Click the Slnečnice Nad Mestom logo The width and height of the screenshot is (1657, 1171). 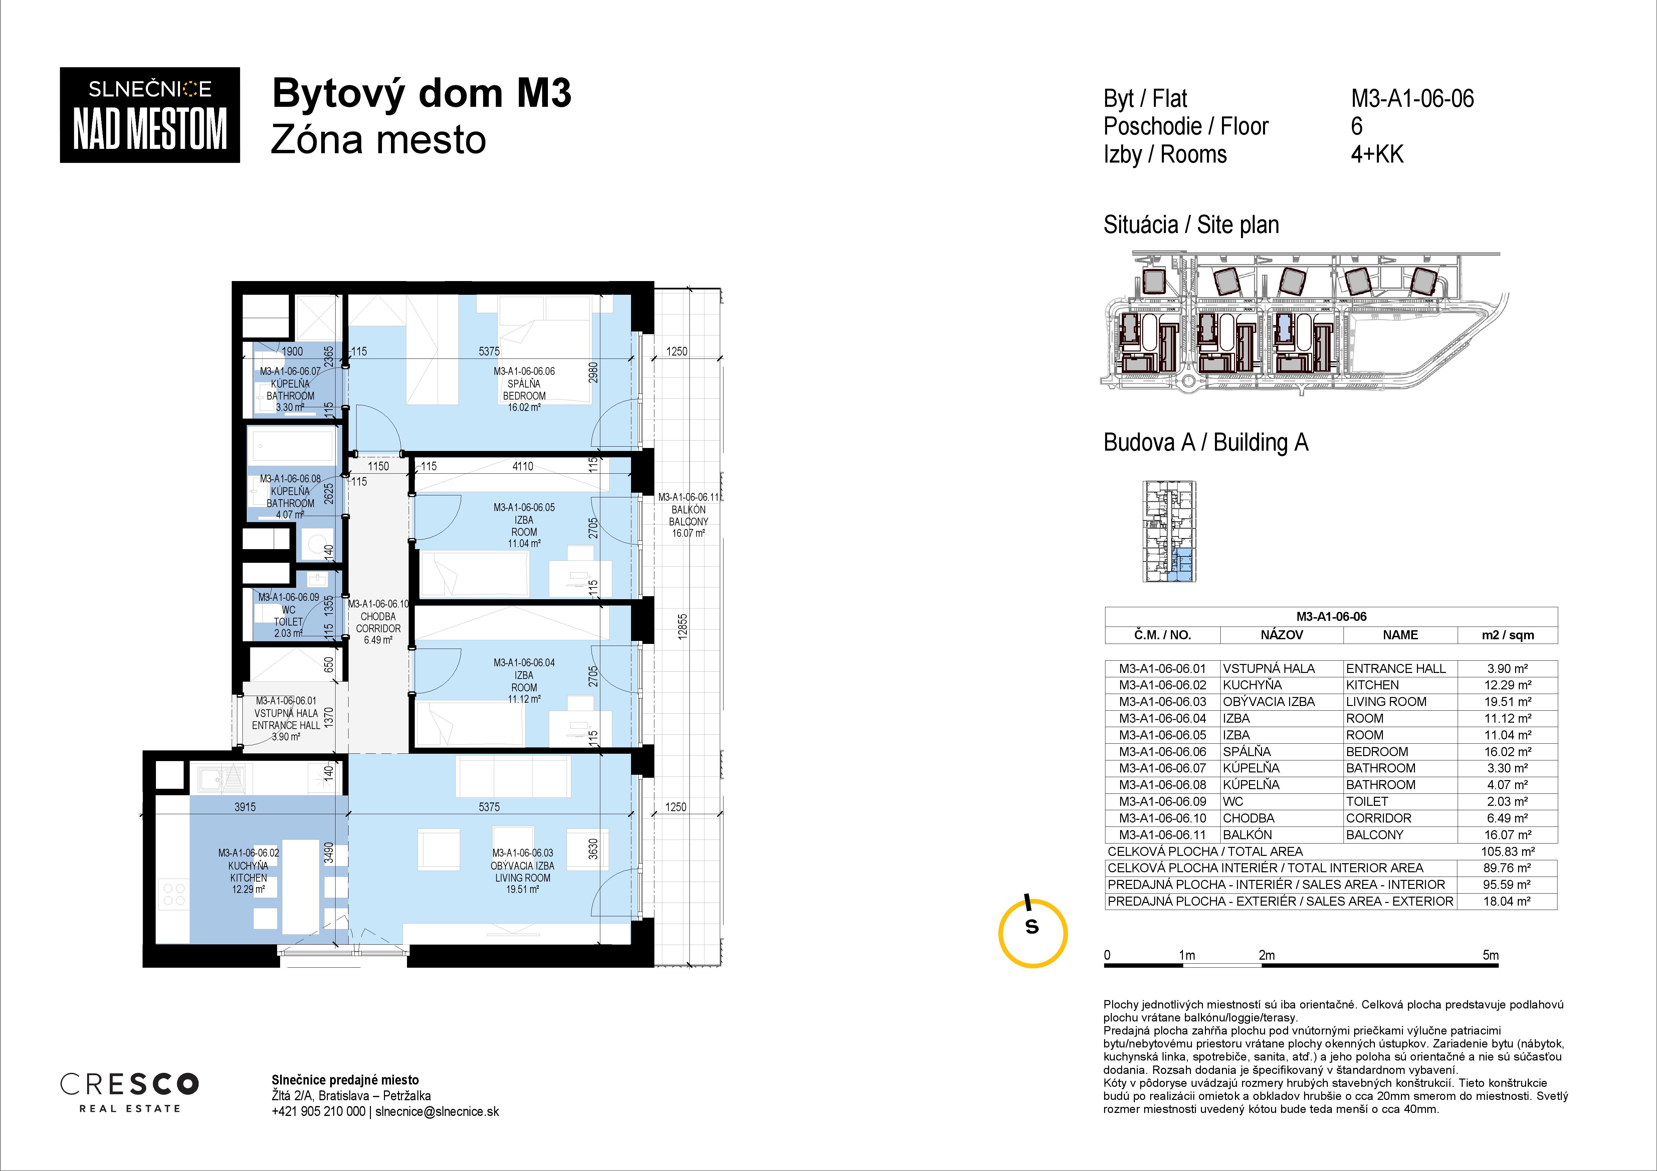coord(149,115)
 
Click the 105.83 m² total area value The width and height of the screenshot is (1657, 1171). coord(1507,851)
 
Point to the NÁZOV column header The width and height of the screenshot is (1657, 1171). coord(1282,635)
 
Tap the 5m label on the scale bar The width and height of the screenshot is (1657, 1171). coord(1490,955)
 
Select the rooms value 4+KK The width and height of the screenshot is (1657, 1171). coord(1377,155)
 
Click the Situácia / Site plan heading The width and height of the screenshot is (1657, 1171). coord(1191,225)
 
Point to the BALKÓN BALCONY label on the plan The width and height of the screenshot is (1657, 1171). coord(688,515)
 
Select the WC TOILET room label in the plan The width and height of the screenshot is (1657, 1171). coord(288,616)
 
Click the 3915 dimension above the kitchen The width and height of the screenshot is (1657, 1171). coord(245,806)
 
